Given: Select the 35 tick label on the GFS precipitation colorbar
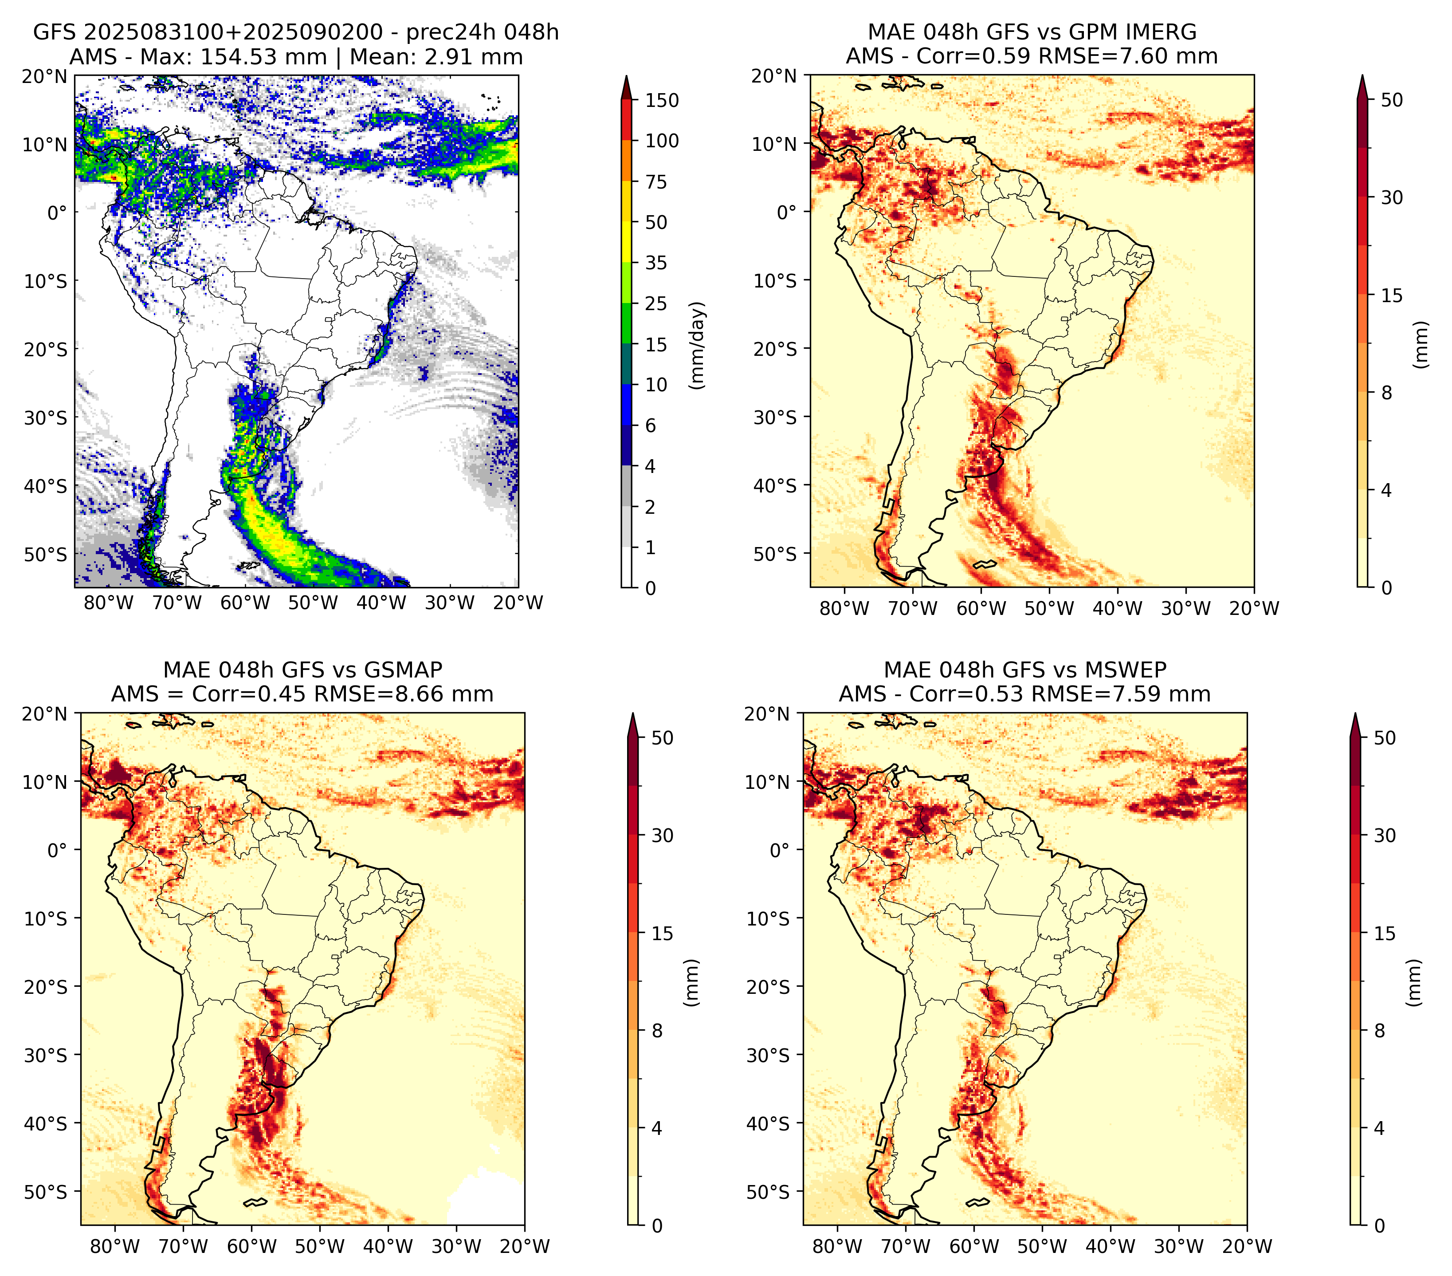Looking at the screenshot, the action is (x=656, y=263).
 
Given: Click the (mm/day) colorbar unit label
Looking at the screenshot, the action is (x=699, y=345).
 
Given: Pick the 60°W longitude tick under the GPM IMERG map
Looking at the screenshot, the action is (x=981, y=608).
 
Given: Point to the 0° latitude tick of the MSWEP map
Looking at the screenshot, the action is (x=779, y=850).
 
